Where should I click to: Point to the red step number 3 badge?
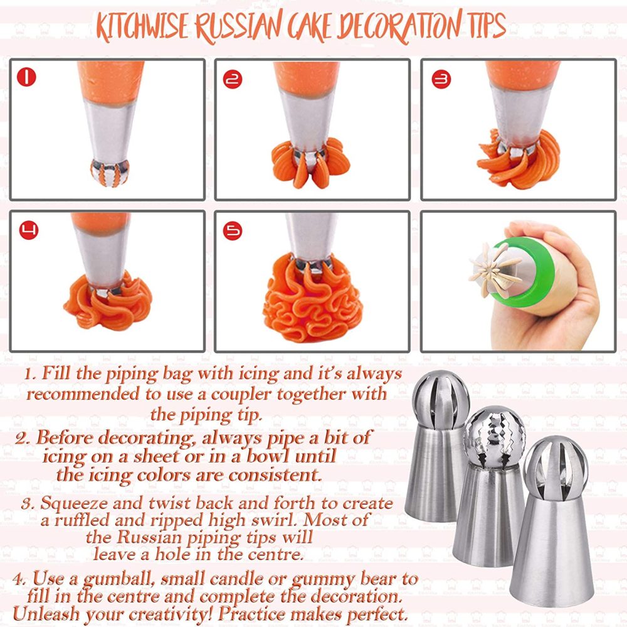click(x=441, y=79)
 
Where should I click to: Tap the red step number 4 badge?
click(x=26, y=230)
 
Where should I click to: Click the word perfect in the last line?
click(x=372, y=612)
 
